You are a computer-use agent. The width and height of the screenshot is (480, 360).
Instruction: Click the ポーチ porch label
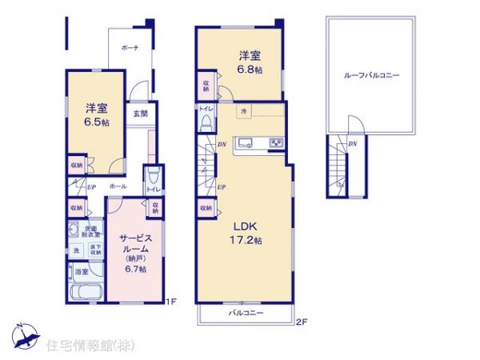click(x=130, y=48)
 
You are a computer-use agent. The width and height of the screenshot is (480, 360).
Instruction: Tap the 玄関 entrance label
click(x=140, y=113)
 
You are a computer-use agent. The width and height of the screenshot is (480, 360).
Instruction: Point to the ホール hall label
click(x=117, y=186)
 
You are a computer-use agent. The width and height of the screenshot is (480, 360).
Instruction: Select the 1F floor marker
click(x=170, y=302)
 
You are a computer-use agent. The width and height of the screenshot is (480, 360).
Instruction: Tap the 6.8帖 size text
click(x=246, y=70)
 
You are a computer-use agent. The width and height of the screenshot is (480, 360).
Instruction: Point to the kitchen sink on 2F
click(x=246, y=144)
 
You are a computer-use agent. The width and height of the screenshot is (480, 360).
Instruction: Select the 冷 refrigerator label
click(x=244, y=111)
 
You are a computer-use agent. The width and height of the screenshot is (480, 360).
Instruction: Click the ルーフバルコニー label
click(x=371, y=75)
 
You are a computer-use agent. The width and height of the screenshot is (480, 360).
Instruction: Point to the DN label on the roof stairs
click(x=353, y=143)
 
